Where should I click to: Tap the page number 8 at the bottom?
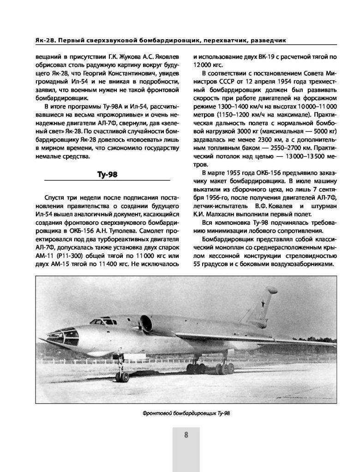[186, 435]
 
